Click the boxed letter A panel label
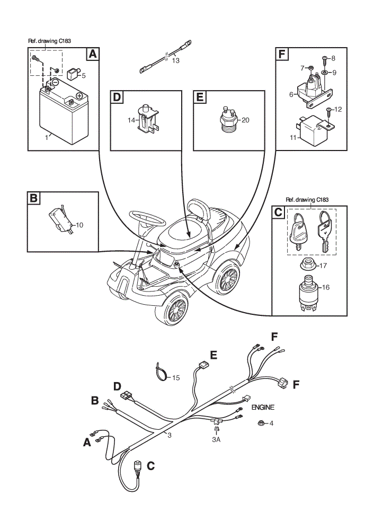(93, 54)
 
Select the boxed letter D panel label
(117, 97)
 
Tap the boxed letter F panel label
(282, 54)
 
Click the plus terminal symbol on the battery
(79, 95)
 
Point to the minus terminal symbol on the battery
(55, 82)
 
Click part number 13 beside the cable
(176, 60)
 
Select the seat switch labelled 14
(148, 119)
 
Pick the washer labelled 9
(324, 72)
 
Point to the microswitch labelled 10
(61, 219)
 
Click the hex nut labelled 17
(308, 264)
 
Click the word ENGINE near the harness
(263, 407)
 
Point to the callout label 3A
(216, 439)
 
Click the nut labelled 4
(261, 422)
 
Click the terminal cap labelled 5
(73, 73)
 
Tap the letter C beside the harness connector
(150, 466)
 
